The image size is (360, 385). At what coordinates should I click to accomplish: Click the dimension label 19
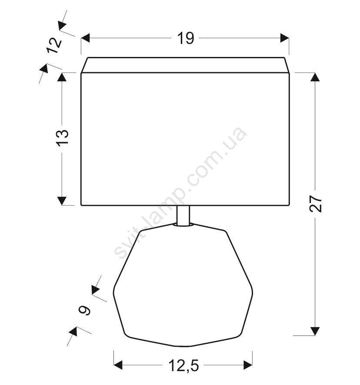[x=186, y=38]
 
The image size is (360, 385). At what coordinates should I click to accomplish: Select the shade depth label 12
[x=54, y=46]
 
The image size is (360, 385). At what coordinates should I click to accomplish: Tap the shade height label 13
[x=63, y=138]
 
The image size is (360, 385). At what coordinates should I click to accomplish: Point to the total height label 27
[x=316, y=203]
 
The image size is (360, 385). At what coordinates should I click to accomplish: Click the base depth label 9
[x=84, y=310]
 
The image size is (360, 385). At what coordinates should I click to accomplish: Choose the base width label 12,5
[x=183, y=366]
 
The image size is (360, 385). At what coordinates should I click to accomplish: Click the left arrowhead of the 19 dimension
[x=85, y=38]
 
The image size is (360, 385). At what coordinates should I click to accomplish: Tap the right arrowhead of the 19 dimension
[x=284, y=38]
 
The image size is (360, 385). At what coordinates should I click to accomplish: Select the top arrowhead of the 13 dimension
[x=62, y=77]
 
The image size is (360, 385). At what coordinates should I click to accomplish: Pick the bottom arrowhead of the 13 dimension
[x=62, y=201]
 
